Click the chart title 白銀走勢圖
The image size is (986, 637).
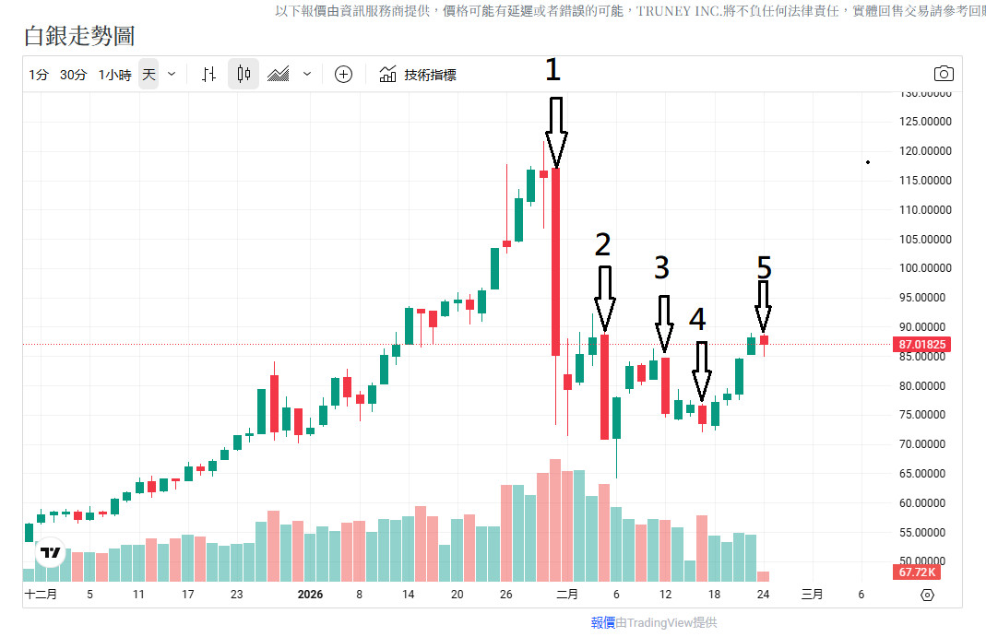[x=79, y=36]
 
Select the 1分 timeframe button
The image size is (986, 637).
[x=38, y=75]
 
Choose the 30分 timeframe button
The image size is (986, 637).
[x=74, y=75]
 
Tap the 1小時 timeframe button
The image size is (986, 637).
[x=114, y=75]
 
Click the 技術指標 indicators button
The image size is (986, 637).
[x=419, y=75]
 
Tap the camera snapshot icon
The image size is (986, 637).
[x=944, y=74]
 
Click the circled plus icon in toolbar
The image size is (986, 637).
[x=343, y=75]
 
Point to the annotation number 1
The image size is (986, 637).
[x=552, y=70]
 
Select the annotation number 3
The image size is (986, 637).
[x=661, y=267]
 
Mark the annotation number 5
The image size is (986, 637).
[x=764, y=267]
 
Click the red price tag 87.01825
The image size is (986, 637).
[x=921, y=345]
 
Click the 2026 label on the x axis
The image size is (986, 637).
[x=311, y=595]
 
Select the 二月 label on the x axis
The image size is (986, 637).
[x=567, y=595]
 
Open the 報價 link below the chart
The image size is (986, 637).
[x=603, y=623]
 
